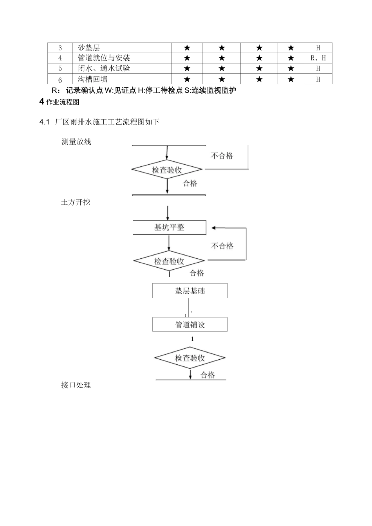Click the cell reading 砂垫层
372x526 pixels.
[89, 48]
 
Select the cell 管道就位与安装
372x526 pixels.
[104, 58]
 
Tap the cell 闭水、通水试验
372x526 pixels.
[104, 68]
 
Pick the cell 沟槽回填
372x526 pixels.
[92, 79]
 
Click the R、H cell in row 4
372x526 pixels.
[318, 58]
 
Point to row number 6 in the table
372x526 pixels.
[60, 79]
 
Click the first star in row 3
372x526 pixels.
[187, 48]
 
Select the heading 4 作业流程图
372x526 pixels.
[59, 103]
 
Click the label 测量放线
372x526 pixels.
[76, 142]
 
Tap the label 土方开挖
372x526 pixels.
[76, 202]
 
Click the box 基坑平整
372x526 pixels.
[169, 227]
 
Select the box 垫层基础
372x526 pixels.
[190, 291]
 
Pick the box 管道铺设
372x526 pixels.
[190, 324]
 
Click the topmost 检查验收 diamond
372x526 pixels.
[167, 170]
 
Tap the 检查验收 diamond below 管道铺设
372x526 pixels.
[190, 358]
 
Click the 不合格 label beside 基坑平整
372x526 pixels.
[222, 246]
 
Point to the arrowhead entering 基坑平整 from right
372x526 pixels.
[214, 228]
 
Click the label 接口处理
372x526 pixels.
[76, 385]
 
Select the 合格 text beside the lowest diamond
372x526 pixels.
[208, 375]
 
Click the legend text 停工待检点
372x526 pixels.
[164, 90]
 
